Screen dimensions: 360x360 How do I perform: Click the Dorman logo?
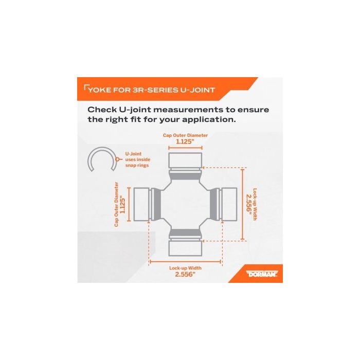(x=262, y=274)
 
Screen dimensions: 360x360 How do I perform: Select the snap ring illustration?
(x=101, y=159)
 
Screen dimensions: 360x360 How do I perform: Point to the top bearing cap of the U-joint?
(x=185, y=160)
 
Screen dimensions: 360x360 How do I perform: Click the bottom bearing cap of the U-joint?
(x=185, y=248)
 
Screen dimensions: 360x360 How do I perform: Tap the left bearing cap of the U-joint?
(x=141, y=204)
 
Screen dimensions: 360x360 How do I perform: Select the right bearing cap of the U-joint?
(x=229, y=204)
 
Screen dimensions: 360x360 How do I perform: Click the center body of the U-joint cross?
(x=185, y=204)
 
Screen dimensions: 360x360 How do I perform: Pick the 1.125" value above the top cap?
(x=185, y=141)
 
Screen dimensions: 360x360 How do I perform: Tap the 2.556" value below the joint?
(x=185, y=274)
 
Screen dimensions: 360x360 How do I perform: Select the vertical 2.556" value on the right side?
(x=248, y=204)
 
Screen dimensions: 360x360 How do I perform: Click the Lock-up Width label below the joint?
(x=185, y=268)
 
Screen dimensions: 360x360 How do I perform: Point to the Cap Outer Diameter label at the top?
(x=185, y=135)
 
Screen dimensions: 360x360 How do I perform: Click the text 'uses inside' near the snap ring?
(x=138, y=159)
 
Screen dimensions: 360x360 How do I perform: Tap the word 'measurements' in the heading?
(x=188, y=110)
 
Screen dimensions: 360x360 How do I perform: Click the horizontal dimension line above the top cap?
(x=185, y=148)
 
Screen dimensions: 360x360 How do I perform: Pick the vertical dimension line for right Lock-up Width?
(x=243, y=204)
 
